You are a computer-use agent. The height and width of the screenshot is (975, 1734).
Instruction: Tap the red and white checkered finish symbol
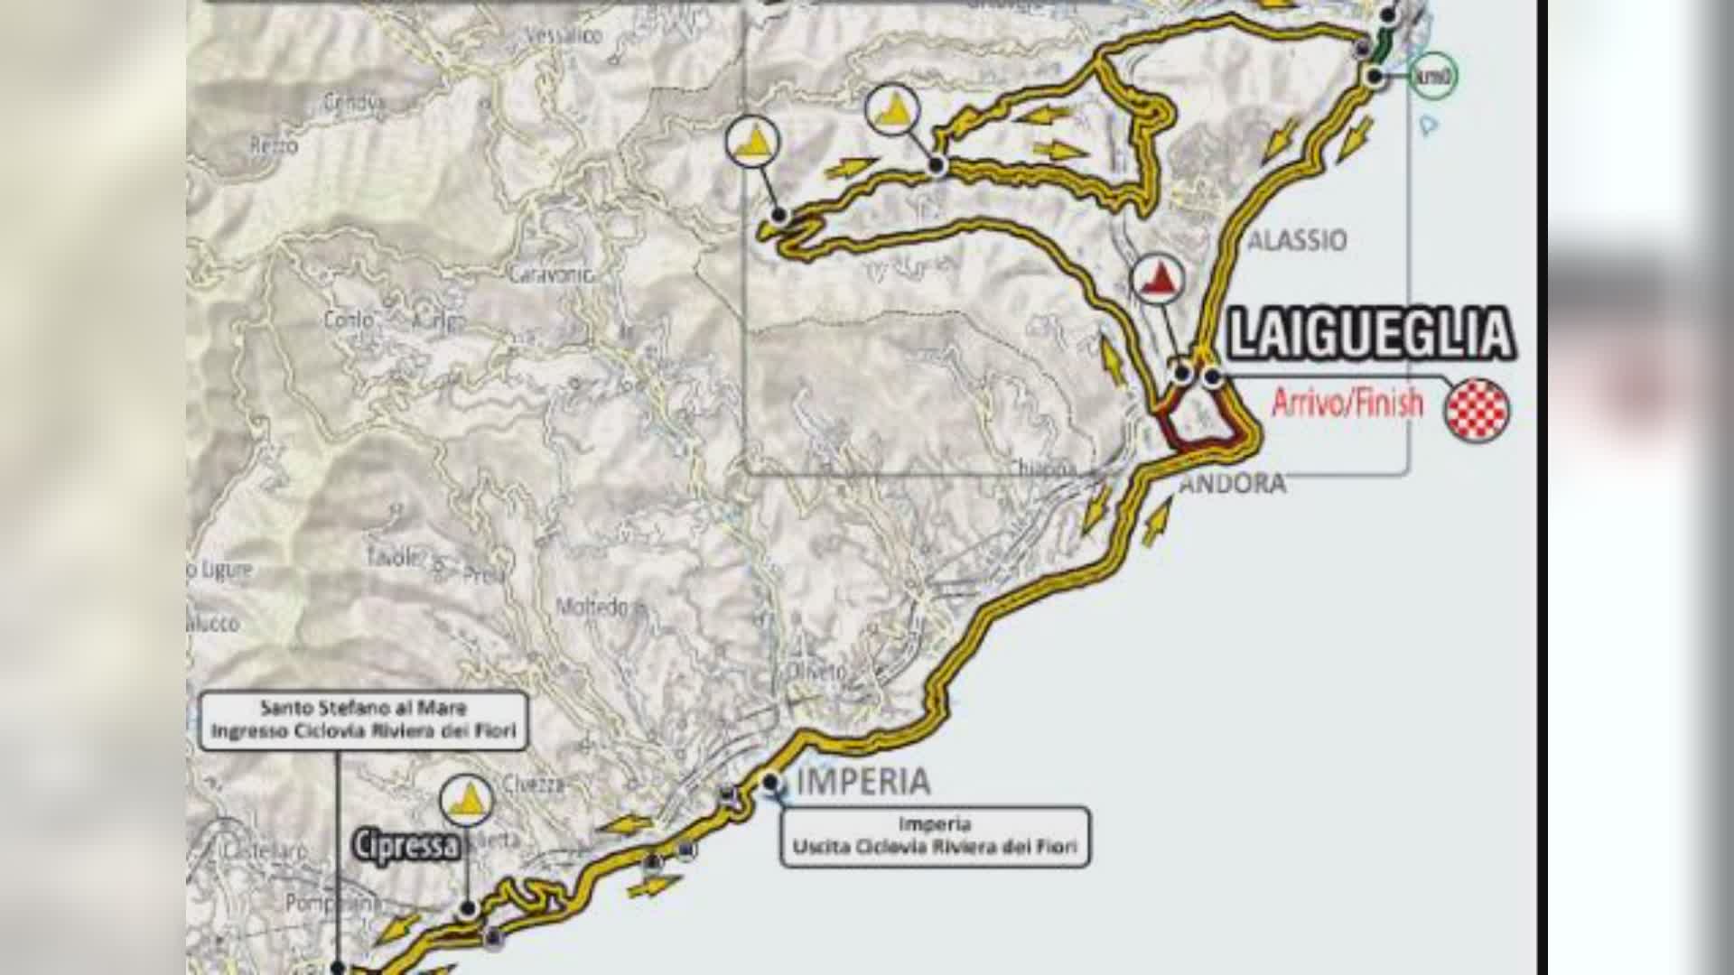coord(1477,410)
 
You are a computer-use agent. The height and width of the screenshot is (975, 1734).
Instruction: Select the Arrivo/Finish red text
coord(1347,403)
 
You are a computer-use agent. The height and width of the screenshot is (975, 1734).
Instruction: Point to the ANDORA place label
coord(1233,484)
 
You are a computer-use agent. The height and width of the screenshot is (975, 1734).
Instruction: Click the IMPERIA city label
coord(862,782)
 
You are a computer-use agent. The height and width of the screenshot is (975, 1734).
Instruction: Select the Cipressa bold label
coord(406,847)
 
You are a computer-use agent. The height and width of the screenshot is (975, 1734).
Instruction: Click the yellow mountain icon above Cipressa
coord(467,801)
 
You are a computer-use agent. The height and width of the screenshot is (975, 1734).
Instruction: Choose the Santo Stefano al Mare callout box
coord(363,720)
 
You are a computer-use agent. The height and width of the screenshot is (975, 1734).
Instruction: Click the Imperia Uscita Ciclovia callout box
coord(935,837)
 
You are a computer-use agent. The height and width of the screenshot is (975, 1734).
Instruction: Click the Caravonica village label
coord(550,274)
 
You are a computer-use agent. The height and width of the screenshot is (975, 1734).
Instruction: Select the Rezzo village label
coord(274,145)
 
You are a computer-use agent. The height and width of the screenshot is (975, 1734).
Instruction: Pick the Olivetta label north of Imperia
coord(805,673)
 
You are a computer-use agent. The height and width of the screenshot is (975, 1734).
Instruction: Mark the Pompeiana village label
coord(321,903)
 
